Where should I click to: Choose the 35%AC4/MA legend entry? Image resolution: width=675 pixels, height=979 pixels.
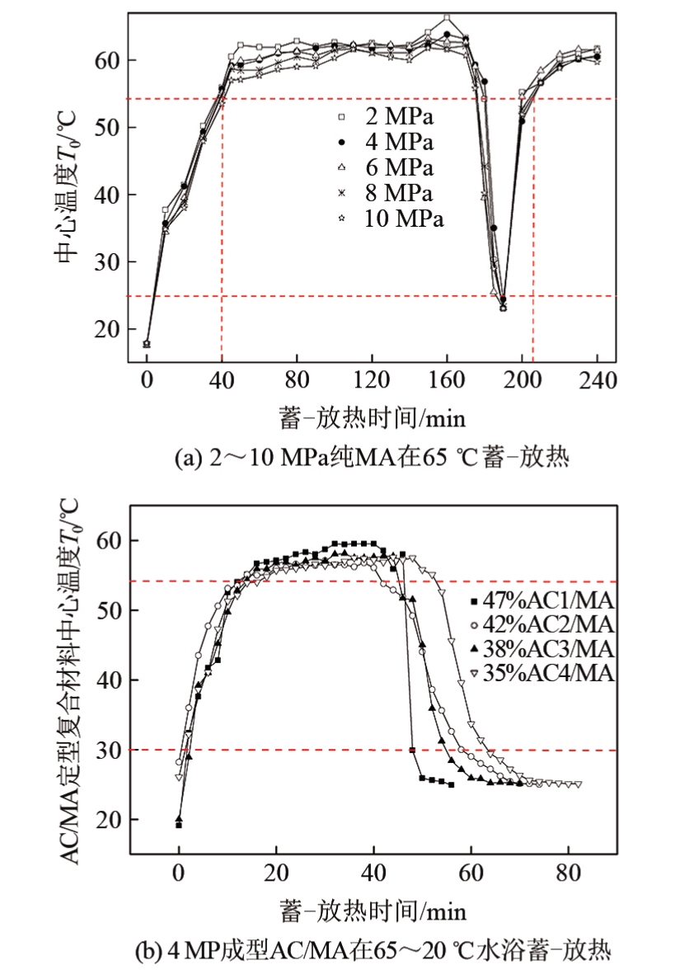(x=541, y=673)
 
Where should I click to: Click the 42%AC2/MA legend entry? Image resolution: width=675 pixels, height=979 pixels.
(x=541, y=624)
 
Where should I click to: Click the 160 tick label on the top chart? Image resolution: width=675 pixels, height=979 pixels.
(x=447, y=382)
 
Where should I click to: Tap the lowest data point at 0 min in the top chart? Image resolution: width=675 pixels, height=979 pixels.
(x=147, y=344)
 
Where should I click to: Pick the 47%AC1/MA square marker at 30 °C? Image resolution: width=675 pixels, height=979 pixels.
(x=412, y=750)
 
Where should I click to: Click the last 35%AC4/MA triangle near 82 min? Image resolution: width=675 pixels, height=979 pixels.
(x=578, y=784)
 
